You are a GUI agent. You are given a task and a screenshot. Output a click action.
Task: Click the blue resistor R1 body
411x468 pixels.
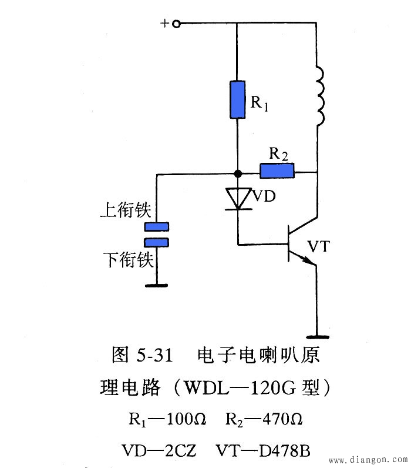tap(238, 99)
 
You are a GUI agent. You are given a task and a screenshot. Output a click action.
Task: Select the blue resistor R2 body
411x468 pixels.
tap(277, 171)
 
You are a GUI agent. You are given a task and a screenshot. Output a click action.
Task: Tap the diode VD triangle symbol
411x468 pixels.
tap(238, 198)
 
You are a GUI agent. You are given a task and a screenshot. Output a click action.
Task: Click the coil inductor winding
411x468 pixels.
tap(320, 96)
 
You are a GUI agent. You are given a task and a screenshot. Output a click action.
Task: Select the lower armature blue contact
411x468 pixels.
tap(157, 242)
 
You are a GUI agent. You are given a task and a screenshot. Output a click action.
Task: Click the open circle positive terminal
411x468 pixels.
tap(176, 24)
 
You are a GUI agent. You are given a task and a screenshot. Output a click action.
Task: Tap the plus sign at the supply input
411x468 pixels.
tap(165, 24)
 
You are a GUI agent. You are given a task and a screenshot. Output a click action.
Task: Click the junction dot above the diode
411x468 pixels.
tap(238, 174)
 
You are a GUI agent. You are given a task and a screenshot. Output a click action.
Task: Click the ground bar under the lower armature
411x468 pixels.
tap(157, 286)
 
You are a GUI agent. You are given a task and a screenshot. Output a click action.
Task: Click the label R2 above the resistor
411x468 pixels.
tap(278, 154)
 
